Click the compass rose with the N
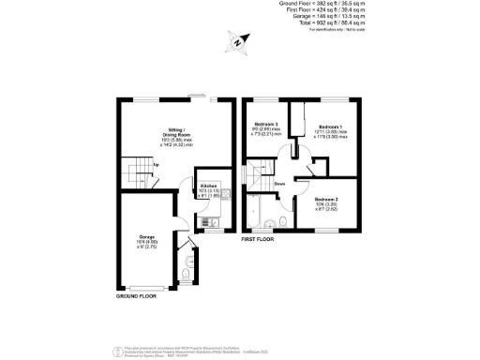point(239,42)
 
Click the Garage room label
point(146,236)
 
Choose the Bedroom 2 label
point(326,200)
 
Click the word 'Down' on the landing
point(279,184)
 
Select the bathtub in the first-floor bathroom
point(256,214)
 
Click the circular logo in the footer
point(118,351)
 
